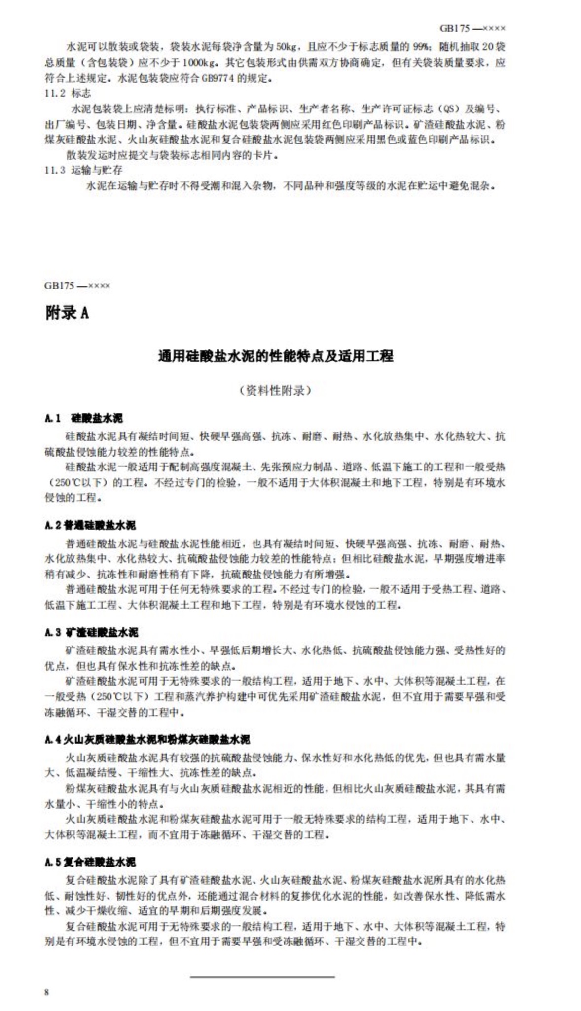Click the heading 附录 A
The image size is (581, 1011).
pos(67,313)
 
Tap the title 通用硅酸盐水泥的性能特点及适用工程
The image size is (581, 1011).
pos(275,356)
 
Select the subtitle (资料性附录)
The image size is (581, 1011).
pos(275,391)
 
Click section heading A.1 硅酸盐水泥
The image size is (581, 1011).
pos(83,419)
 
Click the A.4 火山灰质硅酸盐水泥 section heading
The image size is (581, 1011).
pos(147,739)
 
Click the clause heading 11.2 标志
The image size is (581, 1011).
pos(68,93)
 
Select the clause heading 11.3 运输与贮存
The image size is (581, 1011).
pos(83,170)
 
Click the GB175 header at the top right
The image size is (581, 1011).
pos(472,28)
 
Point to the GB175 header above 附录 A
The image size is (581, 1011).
pos(77,286)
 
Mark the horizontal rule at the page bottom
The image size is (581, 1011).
pos(262,976)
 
